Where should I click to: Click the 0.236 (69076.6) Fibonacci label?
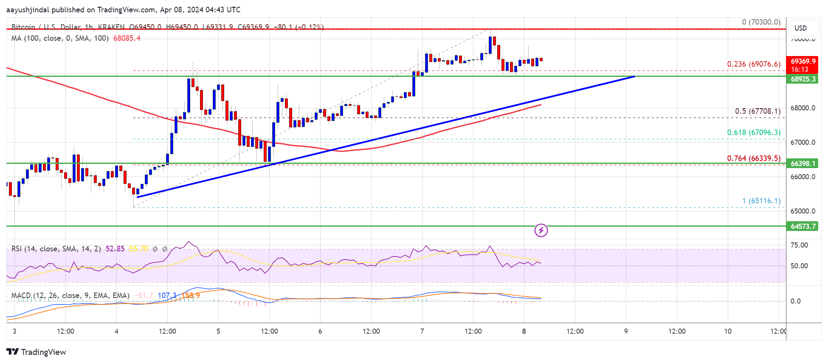click(754, 64)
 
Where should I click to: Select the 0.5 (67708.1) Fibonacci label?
click(758, 111)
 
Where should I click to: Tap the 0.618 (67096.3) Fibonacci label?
click(754, 132)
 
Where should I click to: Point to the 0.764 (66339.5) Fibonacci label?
click(754, 158)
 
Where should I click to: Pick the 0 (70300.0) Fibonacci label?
click(761, 22)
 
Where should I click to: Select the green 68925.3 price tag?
click(802, 79)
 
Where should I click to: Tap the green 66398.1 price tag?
click(802, 163)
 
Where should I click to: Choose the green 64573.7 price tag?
click(802, 226)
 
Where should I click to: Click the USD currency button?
click(800, 28)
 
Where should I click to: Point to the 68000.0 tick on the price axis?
click(803, 108)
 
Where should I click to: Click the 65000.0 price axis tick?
click(803, 211)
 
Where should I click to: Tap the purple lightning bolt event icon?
click(541, 231)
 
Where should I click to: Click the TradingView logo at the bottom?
click(37, 352)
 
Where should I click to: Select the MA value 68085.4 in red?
click(127, 38)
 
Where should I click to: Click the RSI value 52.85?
click(115, 249)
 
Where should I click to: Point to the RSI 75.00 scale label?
click(799, 245)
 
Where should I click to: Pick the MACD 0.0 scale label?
click(795, 301)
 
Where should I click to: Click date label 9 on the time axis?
click(626, 331)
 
